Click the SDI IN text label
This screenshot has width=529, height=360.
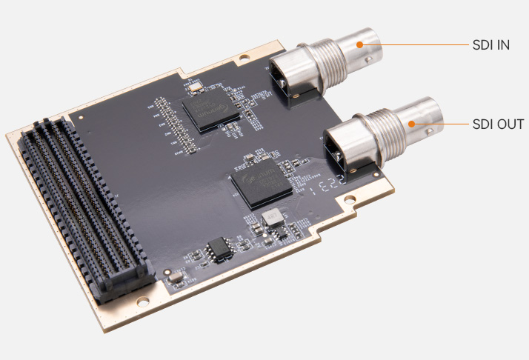click(x=490, y=44)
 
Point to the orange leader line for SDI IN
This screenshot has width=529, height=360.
click(x=415, y=44)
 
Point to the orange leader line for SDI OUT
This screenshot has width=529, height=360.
click(x=441, y=124)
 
